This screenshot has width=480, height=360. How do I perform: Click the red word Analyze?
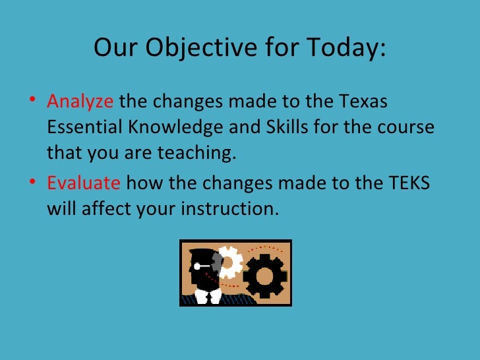point(80,103)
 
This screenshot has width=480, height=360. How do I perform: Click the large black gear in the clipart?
point(265,274)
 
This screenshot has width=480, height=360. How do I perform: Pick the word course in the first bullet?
point(410,128)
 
